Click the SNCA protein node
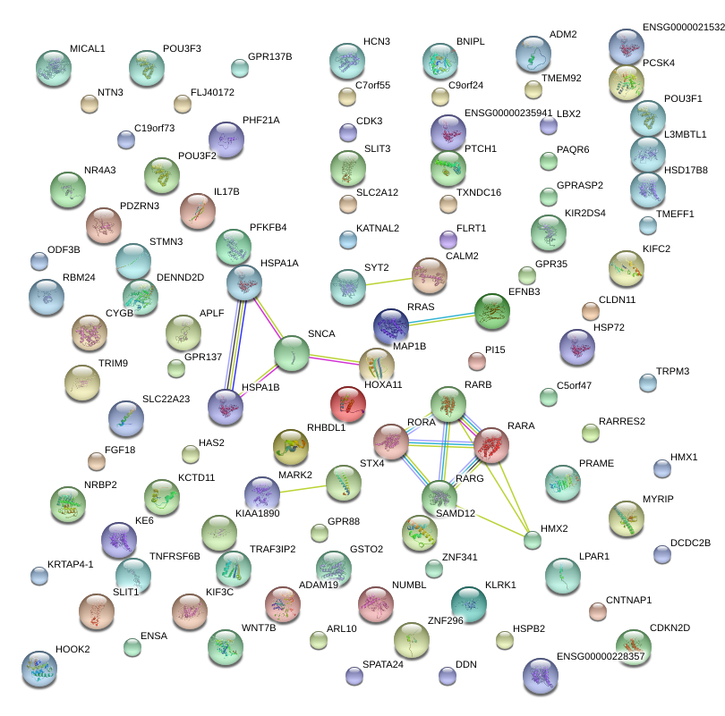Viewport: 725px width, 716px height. click(291, 354)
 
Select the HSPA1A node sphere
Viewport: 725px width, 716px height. click(243, 282)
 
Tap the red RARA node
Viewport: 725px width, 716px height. click(491, 444)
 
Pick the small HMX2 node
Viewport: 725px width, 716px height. click(533, 539)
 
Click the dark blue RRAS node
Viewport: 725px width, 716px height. click(390, 325)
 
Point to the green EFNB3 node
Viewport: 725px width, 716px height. click(491, 311)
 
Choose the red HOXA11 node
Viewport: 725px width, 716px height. click(348, 404)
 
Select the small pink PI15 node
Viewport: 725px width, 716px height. click(477, 361)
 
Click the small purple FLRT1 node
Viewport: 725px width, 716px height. click(448, 239)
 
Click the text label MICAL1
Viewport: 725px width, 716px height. click(87, 48)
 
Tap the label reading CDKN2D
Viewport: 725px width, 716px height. click(670, 628)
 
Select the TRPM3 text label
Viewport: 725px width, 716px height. click(672, 371)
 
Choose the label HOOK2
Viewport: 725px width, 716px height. click(72, 649)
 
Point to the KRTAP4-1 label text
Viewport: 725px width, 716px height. click(70, 564)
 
